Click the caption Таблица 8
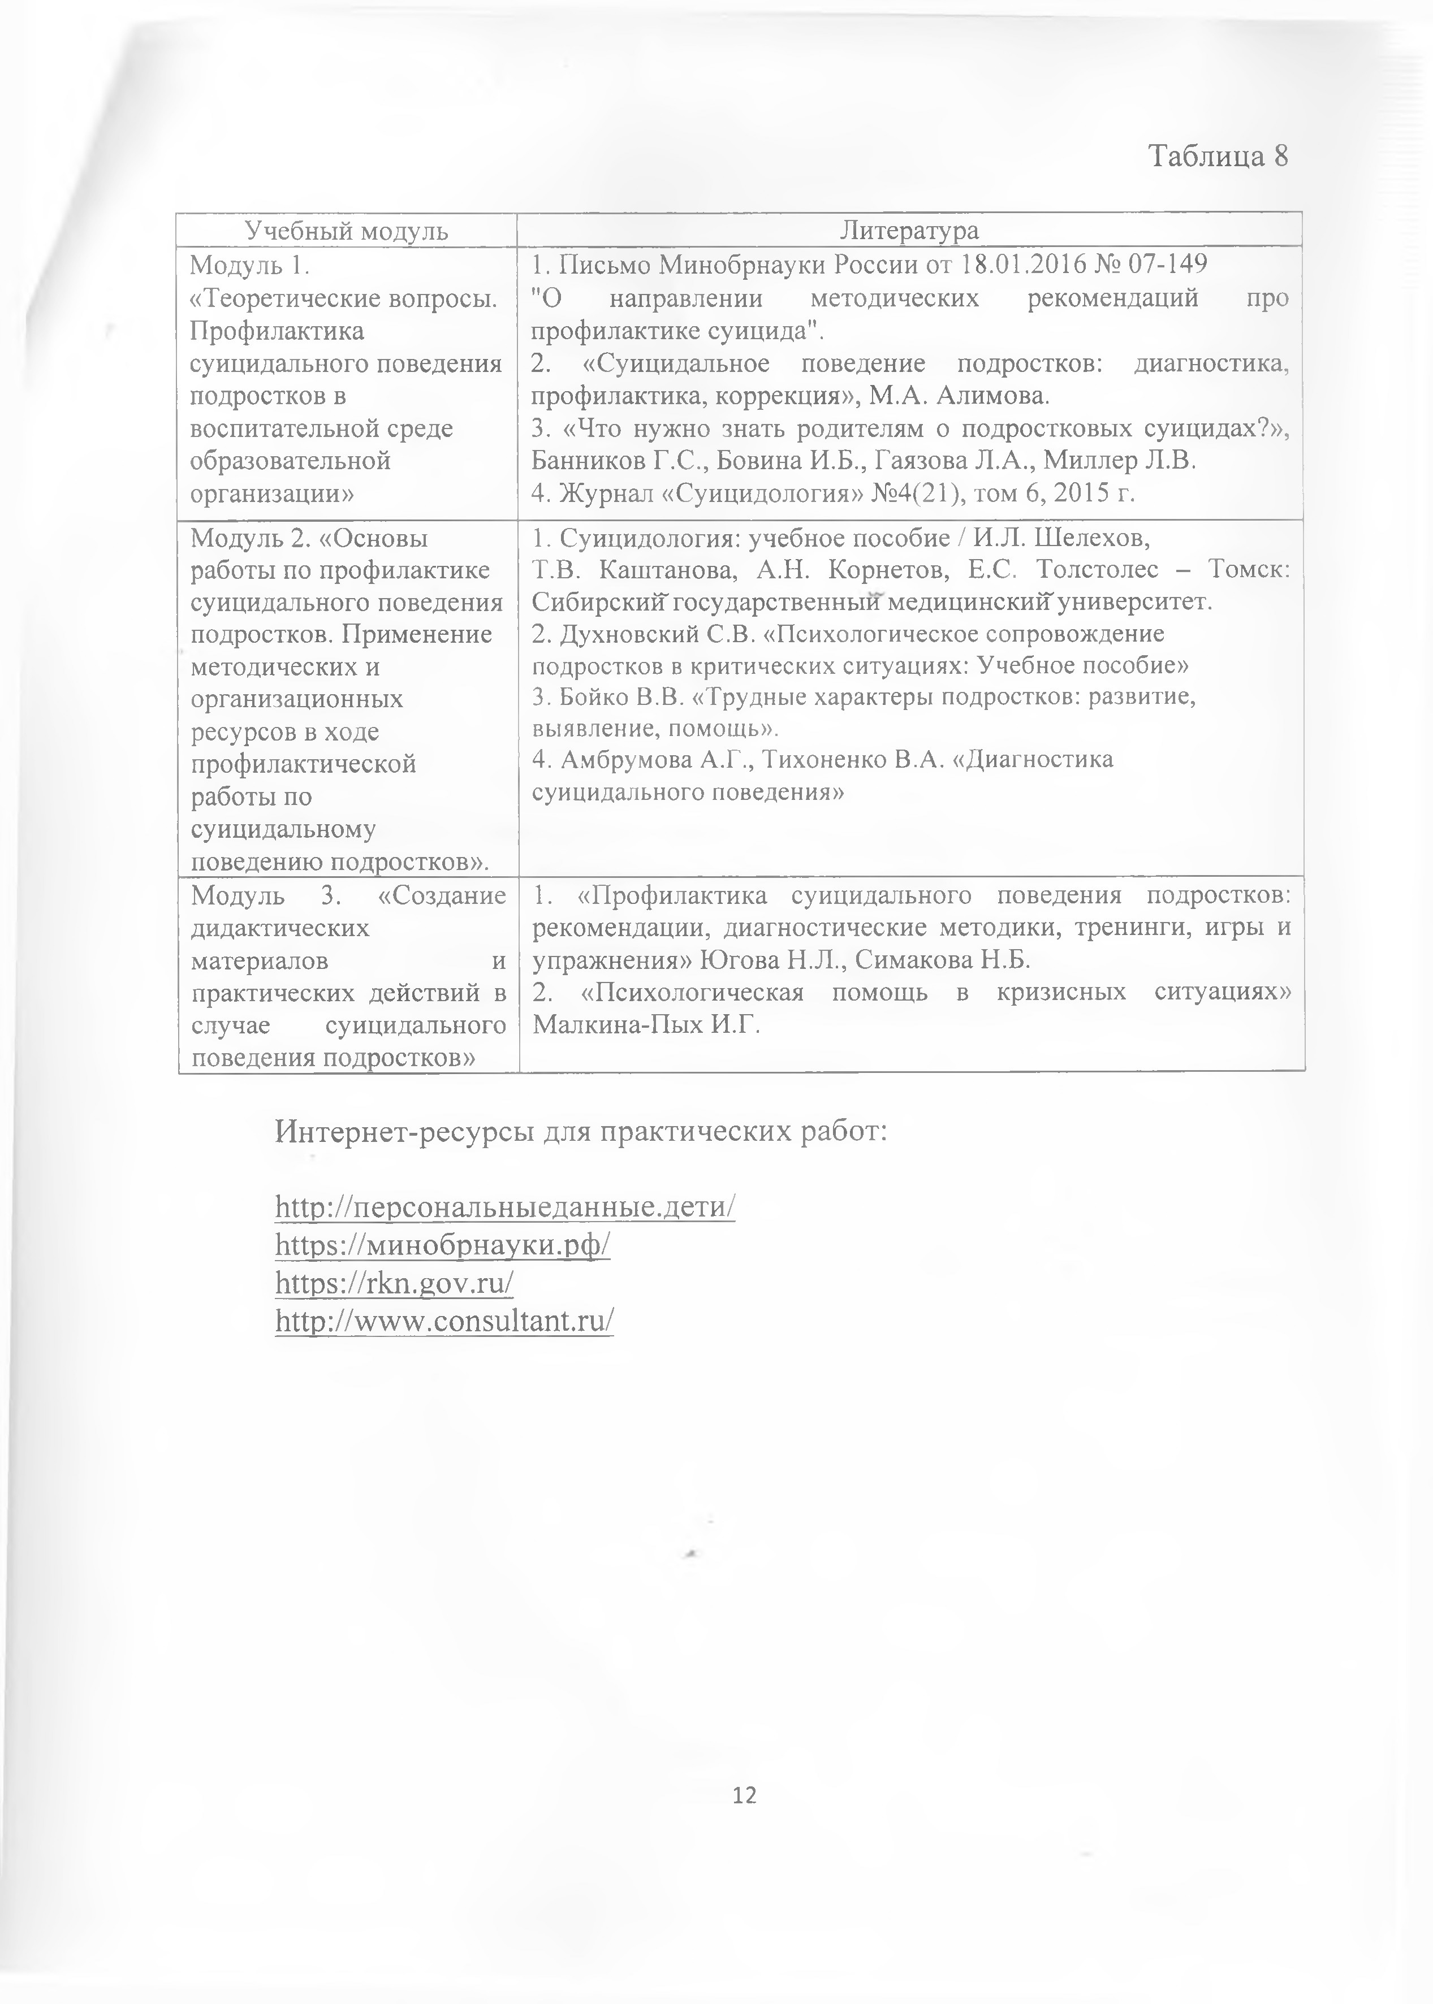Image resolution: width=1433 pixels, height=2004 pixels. (1218, 156)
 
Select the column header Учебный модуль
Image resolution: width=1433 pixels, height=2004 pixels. (347, 231)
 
